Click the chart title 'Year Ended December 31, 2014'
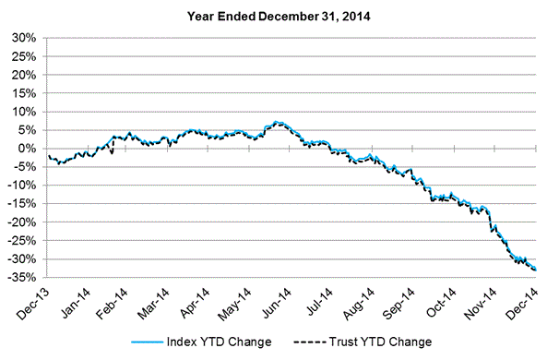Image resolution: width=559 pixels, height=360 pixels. pos(279,17)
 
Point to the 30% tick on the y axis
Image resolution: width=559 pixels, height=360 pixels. pos(24,38)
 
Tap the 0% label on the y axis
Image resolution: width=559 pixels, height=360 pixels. pos(28,149)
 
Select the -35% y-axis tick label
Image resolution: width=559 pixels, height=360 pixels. pos(22,277)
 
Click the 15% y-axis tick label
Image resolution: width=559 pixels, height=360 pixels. pos(24,93)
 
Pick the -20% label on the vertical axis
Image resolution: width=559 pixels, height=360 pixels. pos(22,222)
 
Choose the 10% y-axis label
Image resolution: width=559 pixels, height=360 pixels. pos(24,112)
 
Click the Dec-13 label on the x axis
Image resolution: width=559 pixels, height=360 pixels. pos(32,304)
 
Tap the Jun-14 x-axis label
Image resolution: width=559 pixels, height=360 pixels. pos(277,303)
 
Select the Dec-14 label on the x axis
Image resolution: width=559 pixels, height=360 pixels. pos(521,304)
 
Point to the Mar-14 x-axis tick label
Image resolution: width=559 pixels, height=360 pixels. pos(154,304)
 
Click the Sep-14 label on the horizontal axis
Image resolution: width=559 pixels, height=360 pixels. pos(398,304)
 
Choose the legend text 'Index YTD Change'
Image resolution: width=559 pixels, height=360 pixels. pos(219,342)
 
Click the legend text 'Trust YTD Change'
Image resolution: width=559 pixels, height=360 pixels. pos(380,342)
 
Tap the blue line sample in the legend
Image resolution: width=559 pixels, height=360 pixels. pos(147,342)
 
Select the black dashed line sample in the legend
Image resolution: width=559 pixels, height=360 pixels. pos(309,342)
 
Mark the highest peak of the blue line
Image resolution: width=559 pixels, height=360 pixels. pos(275,122)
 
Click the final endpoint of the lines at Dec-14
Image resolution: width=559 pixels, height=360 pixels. pos(535,270)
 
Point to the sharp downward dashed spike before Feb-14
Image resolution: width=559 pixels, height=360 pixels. pos(112,153)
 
